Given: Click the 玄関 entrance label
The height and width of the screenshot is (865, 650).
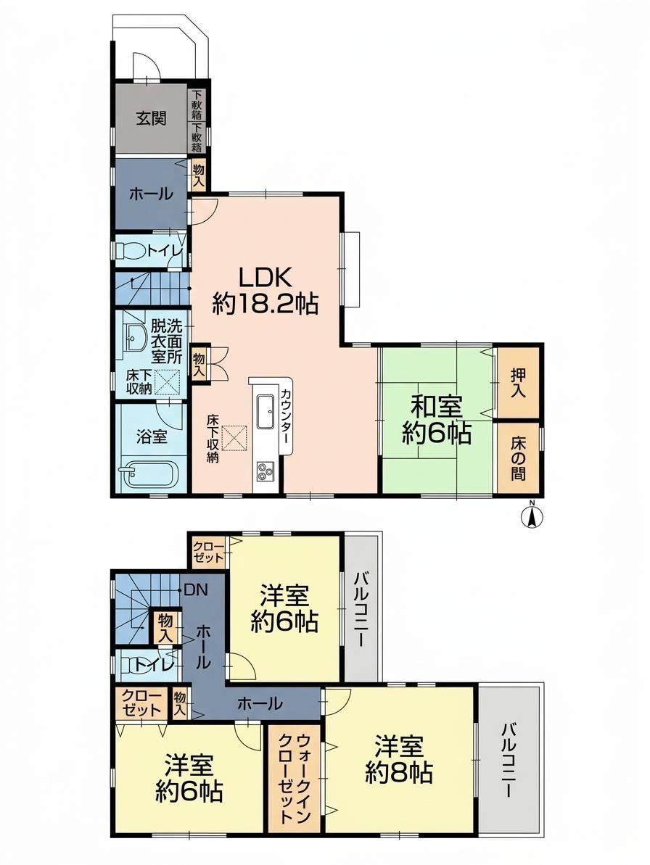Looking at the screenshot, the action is [x=152, y=119].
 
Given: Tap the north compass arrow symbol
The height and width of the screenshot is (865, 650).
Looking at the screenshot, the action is [x=532, y=517].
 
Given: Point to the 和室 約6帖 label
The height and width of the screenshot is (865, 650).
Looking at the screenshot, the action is [x=436, y=421].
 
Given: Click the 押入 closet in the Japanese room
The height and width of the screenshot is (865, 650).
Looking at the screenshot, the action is [x=518, y=383].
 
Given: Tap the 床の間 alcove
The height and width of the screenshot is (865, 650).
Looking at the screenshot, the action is [x=518, y=458].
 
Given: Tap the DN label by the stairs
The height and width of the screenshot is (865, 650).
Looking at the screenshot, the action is [x=194, y=590].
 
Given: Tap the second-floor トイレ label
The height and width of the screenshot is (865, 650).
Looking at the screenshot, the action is [x=151, y=666].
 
